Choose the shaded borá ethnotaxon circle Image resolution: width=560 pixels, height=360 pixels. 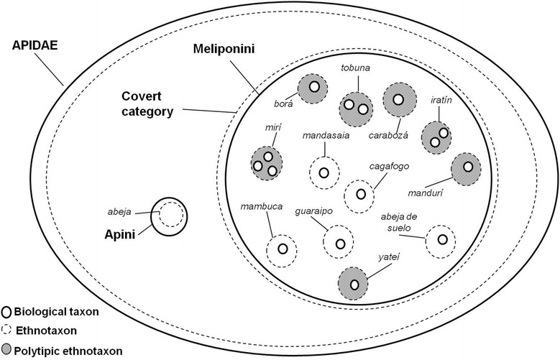(x=313, y=89)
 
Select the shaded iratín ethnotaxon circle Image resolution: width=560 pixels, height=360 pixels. (x=437, y=137)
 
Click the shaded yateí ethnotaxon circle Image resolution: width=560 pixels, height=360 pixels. (x=355, y=283)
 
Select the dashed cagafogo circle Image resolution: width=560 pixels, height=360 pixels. (x=360, y=194)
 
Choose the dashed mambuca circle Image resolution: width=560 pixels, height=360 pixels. (x=283, y=249)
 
